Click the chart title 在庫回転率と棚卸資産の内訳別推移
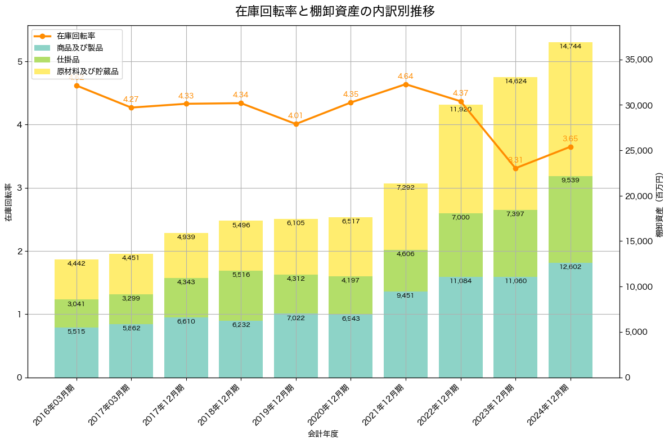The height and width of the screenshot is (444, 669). click(x=335, y=11)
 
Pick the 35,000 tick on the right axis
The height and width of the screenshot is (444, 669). click(x=643, y=60)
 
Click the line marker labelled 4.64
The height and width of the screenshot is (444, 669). click(x=406, y=84)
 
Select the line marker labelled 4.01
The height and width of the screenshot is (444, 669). click(x=296, y=124)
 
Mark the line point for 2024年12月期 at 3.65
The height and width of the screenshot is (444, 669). click(x=571, y=147)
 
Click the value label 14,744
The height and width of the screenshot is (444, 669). click(x=571, y=46)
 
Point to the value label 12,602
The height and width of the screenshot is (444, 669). click(x=571, y=267)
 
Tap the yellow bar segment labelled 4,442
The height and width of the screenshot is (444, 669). click(x=77, y=280)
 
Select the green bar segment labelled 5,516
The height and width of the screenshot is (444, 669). click(x=241, y=295)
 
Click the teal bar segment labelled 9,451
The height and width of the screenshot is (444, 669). click(x=406, y=334)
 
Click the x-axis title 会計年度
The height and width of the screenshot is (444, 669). click(x=323, y=434)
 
